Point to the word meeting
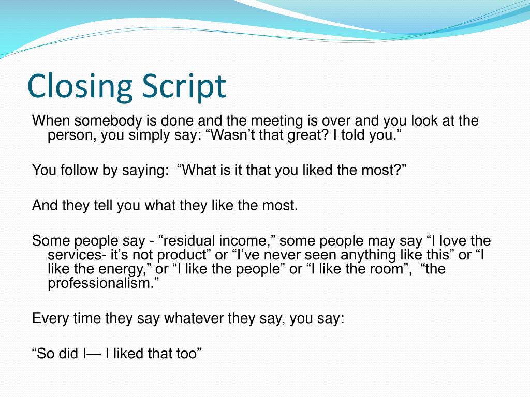pos(275,121)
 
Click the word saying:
pos(146,170)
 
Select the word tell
pos(96,205)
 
